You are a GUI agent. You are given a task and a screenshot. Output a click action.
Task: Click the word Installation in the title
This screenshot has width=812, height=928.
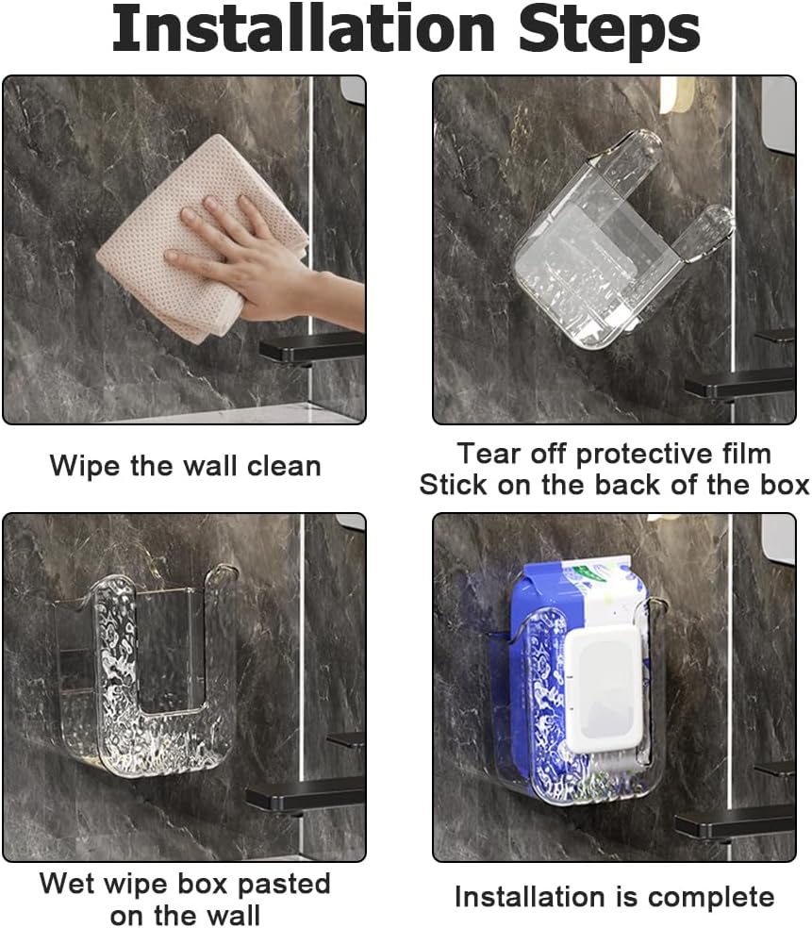click(304, 28)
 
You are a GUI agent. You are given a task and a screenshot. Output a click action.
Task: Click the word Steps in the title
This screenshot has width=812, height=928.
click(609, 32)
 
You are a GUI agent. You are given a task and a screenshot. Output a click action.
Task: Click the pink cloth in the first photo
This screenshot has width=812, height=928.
click(201, 237)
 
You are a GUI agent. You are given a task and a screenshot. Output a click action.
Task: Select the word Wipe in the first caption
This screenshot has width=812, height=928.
click(86, 466)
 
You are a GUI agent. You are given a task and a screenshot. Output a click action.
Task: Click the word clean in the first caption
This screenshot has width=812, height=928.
click(284, 467)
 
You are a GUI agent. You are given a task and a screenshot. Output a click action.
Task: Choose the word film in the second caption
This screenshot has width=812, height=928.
click(747, 454)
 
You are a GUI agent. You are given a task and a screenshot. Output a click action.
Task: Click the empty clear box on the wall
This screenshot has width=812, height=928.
click(145, 674)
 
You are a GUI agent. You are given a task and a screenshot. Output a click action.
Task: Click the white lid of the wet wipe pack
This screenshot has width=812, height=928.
click(604, 688)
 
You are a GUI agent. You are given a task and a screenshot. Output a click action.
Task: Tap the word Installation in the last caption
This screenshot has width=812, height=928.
click(534, 897)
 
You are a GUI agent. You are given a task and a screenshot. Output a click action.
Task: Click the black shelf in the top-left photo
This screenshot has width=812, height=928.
click(312, 347)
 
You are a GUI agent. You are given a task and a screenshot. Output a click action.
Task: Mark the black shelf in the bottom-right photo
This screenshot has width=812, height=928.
click(735, 822)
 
